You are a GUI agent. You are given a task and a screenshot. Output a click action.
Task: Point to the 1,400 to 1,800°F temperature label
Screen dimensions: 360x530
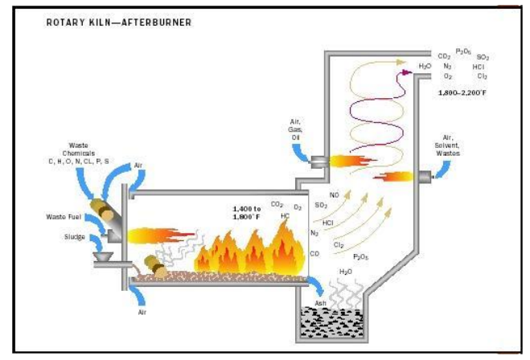click(245, 213)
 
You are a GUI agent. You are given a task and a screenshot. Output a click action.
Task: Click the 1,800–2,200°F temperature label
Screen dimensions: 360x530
click(462, 93)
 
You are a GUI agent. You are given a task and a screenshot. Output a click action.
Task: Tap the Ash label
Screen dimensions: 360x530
click(323, 302)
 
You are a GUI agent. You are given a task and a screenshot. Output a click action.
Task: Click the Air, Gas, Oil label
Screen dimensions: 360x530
click(297, 130)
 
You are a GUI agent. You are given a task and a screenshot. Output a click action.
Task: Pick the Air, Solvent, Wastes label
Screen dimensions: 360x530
click(457, 145)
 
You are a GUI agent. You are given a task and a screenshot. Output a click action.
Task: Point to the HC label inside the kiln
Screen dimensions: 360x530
click(286, 215)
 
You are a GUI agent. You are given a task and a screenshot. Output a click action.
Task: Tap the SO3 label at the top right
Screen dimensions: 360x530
click(483, 57)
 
